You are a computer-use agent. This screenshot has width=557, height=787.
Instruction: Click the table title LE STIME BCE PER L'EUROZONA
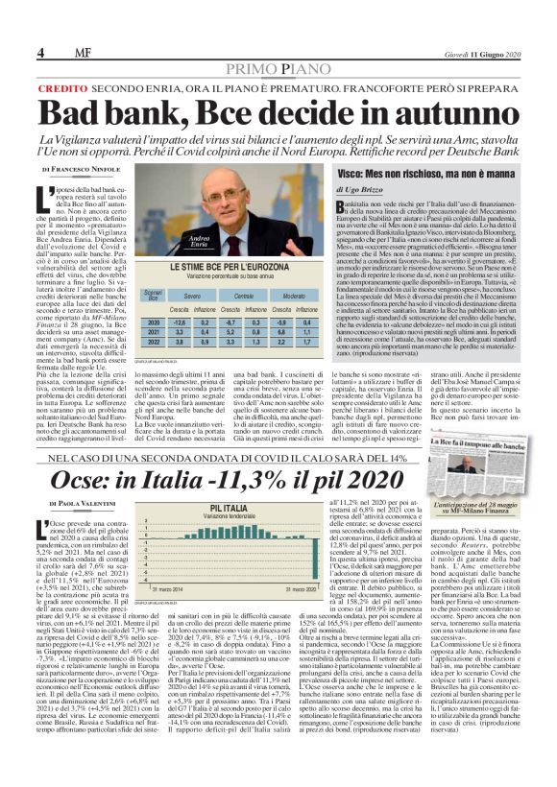tap(227, 267)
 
